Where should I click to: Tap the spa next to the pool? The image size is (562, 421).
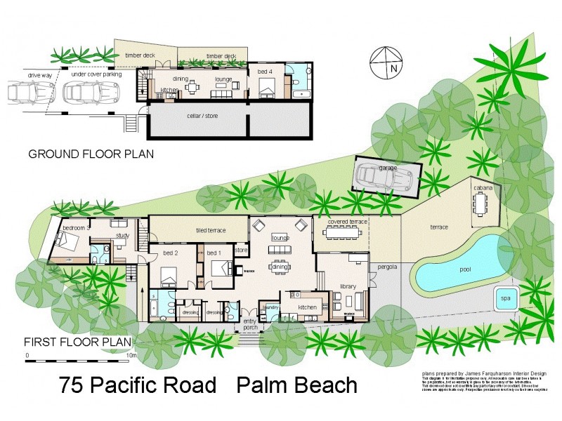tap(505, 298)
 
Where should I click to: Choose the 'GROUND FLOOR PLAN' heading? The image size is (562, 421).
tap(91, 154)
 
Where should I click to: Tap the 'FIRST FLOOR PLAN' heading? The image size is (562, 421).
tap(78, 342)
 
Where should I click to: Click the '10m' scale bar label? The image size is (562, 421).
tap(131, 356)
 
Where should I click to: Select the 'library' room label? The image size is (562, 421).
tap(349, 286)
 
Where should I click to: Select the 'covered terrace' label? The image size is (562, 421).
tap(347, 222)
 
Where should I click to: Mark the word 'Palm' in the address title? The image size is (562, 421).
tap(263, 385)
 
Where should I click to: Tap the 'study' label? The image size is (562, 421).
tap(123, 236)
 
